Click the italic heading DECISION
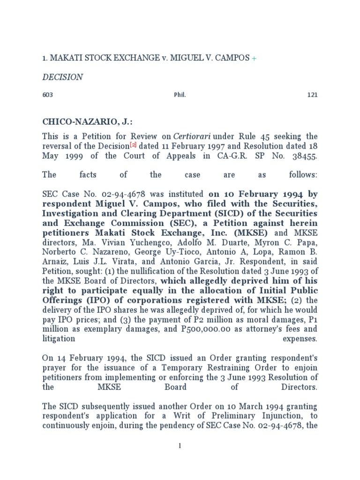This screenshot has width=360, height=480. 62,77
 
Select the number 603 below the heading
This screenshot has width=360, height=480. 48,95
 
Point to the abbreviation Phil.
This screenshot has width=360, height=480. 180,95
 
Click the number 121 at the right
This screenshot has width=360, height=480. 312,95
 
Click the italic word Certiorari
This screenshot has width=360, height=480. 192,136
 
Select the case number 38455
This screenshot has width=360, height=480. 303,156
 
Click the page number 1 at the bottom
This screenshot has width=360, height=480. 180,446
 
